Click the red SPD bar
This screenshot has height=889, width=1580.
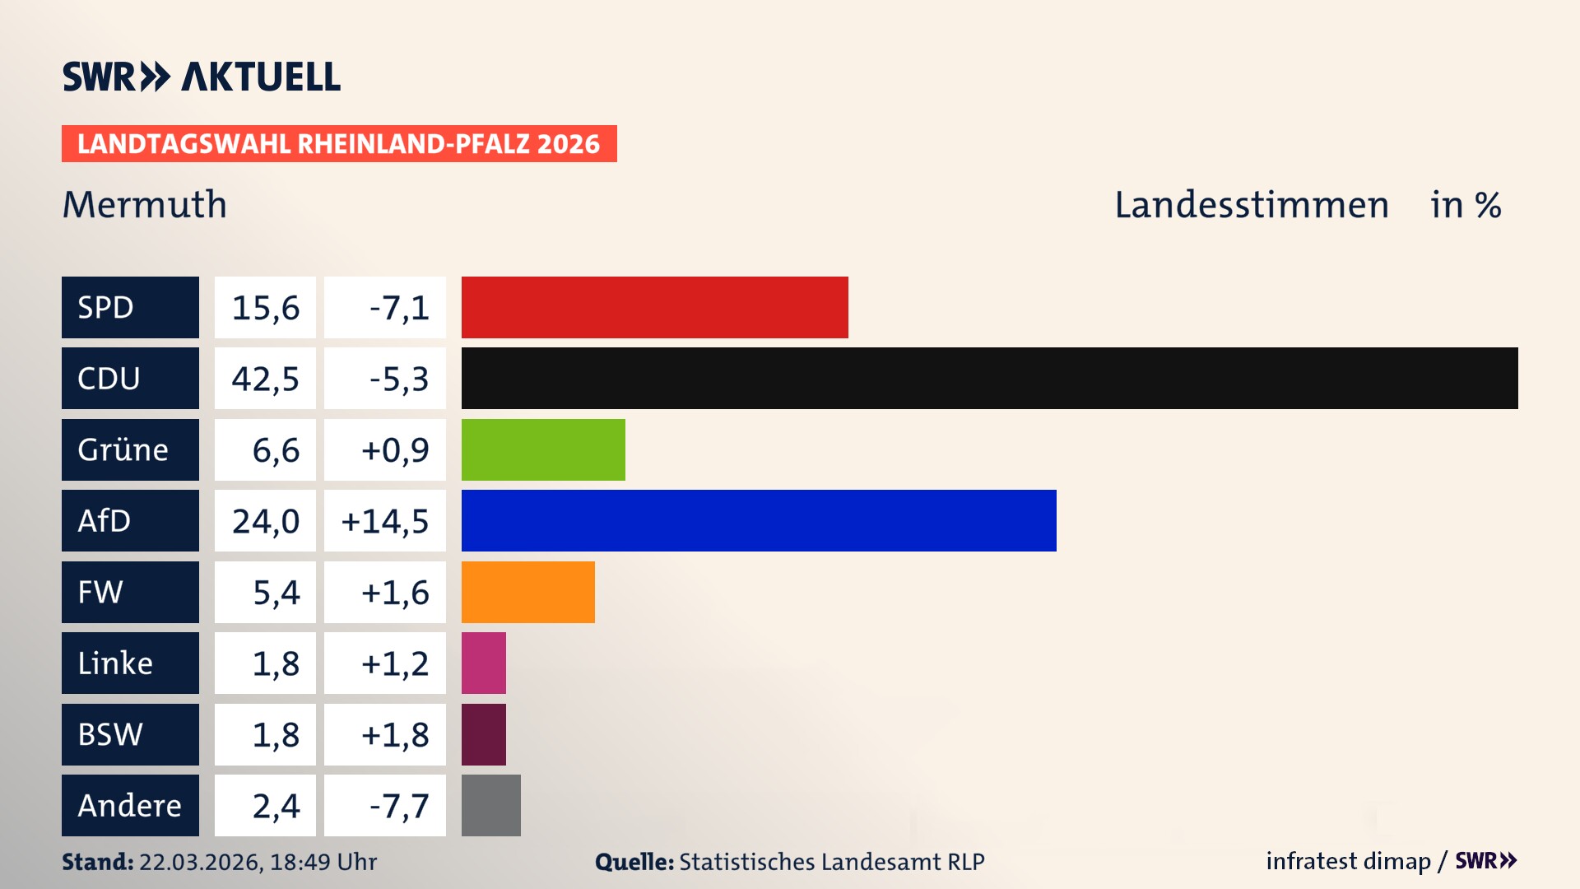pos(654,307)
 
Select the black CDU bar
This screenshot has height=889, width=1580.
pos(989,379)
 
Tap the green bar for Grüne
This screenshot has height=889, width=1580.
pos(543,449)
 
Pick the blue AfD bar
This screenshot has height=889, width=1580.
pos(759,520)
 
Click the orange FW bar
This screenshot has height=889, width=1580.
pos(527,592)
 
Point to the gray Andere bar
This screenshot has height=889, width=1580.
pos(490,805)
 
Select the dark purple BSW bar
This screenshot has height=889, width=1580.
pos(483,734)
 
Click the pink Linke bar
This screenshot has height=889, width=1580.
pos(483,663)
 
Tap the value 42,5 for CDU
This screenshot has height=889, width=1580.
pos(265,379)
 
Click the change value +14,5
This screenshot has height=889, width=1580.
pos(385,521)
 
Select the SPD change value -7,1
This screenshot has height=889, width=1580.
pos(399,308)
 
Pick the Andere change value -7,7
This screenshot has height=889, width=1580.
pos(399,806)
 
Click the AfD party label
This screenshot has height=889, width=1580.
pos(105,521)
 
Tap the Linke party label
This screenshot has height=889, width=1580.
pos(115,663)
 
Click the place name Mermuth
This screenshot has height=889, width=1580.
pos(145,204)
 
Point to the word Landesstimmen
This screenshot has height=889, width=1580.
pos(1251,204)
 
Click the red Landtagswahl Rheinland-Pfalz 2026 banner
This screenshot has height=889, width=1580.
pos(339,144)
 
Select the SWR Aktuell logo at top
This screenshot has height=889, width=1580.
pos(201,77)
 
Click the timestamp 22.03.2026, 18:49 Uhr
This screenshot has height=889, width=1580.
pos(258,862)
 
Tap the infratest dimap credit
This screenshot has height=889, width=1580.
pos(1348,861)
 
